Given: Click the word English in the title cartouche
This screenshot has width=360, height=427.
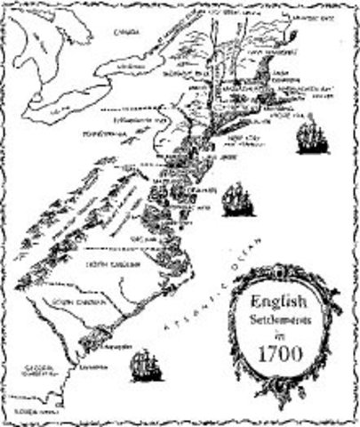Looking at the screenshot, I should tap(283, 300).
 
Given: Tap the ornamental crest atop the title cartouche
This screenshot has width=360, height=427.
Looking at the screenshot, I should tap(284, 270).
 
